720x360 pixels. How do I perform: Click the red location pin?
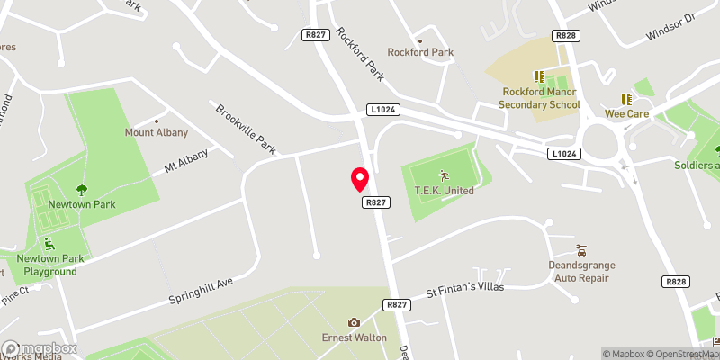(360, 179)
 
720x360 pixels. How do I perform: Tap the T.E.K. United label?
(445, 190)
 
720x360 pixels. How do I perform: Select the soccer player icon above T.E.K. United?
(443, 174)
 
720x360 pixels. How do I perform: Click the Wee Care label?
(626, 114)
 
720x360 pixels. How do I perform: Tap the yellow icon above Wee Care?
(626, 99)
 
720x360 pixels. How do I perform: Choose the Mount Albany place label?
(157, 132)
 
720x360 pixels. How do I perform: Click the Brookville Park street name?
(245, 130)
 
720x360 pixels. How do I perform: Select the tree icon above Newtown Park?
(82, 190)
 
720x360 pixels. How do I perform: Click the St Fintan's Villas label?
(464, 290)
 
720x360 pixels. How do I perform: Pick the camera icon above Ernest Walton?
(354, 322)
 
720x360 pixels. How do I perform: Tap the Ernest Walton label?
(355, 337)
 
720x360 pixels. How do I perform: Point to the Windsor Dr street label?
(670, 29)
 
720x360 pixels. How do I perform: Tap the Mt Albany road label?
(185, 161)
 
